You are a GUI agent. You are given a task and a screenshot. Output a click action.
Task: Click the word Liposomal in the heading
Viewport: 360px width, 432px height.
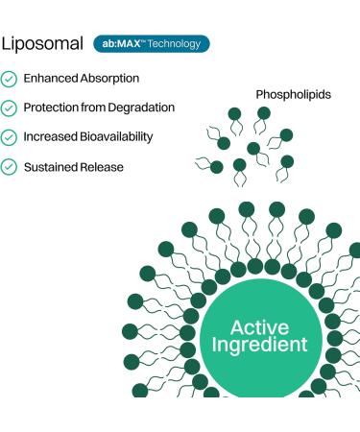(41, 44)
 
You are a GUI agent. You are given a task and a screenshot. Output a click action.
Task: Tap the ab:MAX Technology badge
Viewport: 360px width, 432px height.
(151, 43)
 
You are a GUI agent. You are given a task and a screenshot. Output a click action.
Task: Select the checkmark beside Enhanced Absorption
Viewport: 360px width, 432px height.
(9, 78)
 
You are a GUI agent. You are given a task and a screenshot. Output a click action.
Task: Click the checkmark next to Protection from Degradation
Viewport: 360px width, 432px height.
(9, 108)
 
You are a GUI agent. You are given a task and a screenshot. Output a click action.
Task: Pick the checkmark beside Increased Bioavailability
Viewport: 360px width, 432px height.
(9, 137)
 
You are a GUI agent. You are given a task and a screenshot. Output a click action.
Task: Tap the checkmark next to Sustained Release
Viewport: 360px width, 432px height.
(9, 167)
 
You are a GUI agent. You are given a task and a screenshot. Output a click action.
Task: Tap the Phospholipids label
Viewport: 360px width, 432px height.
(292, 94)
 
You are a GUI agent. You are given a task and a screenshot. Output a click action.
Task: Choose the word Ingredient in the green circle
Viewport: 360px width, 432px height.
(260, 344)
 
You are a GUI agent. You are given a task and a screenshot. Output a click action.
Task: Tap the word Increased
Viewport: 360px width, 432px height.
(50, 137)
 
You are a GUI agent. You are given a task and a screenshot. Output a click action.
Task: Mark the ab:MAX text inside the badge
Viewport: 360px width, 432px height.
(119, 43)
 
